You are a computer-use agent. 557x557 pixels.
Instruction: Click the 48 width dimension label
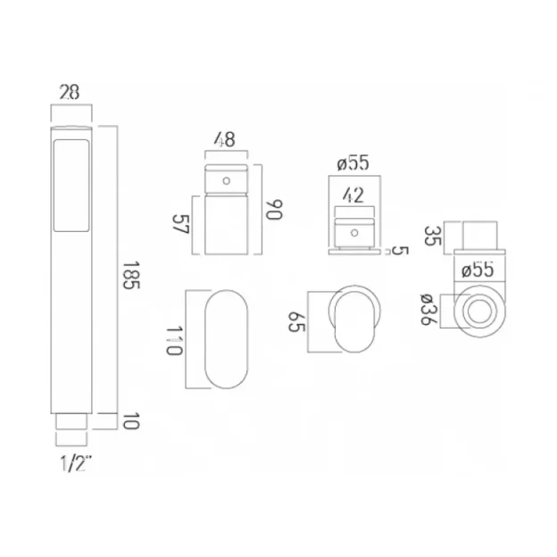click(225, 139)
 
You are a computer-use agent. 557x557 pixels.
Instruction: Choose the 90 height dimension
click(274, 211)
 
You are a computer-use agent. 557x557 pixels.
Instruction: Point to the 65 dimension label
click(295, 322)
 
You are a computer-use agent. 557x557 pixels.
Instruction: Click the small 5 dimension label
click(398, 251)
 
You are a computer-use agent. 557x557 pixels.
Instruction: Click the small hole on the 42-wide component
click(354, 233)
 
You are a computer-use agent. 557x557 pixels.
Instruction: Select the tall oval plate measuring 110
click(227, 338)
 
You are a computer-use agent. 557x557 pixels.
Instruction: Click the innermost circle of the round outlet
click(480, 312)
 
